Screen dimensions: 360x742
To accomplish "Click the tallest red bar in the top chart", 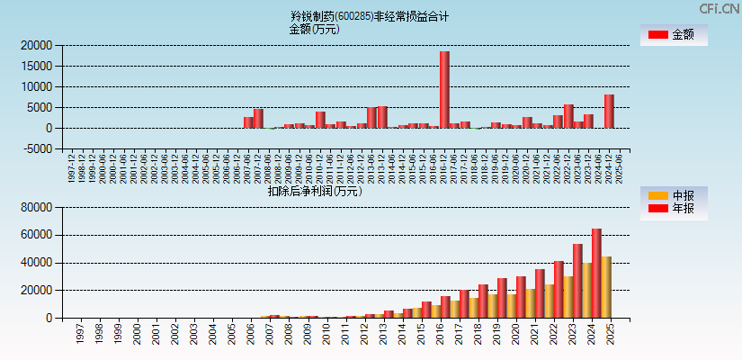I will pos(444,89).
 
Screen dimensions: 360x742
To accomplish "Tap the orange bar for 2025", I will pos(606,287).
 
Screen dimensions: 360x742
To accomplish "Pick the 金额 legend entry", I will pos(674,34).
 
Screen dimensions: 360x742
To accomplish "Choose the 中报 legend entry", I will pos(674,195).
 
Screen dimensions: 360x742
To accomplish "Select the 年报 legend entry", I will pos(674,209).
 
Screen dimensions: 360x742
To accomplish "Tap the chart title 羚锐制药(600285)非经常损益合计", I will pos(370,16).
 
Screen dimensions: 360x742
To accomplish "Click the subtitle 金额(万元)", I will pos(314,29).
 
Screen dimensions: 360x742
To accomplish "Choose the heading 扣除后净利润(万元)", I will pos(314,191).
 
